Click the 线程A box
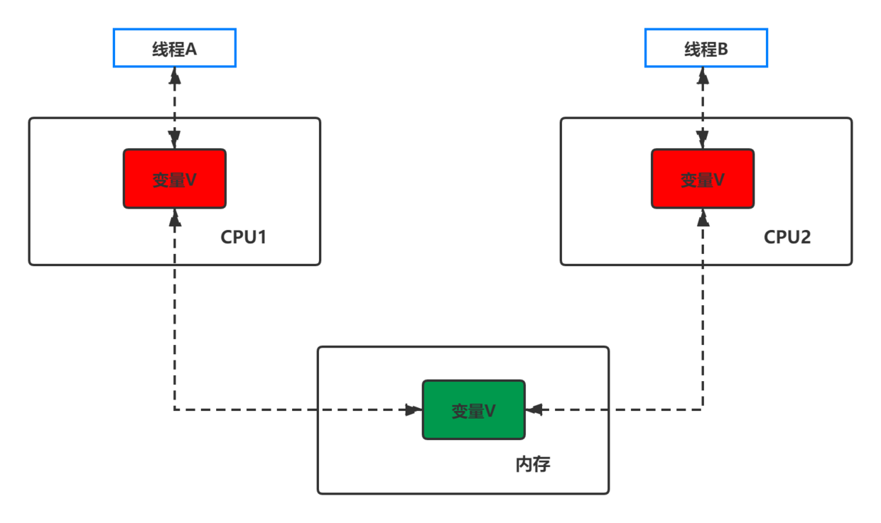[x=174, y=48]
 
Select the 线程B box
[x=706, y=48]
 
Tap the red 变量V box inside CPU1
[x=175, y=179]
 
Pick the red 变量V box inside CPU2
[x=703, y=179]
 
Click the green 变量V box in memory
[x=473, y=410]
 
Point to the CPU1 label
[x=243, y=237]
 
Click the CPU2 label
[x=787, y=237]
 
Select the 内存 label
[x=532, y=465]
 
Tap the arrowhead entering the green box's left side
[x=412, y=409]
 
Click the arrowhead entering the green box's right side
[x=534, y=409]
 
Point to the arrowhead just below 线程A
[x=175, y=77]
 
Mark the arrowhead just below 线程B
[x=703, y=77]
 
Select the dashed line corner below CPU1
[x=175, y=409]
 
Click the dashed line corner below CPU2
[x=703, y=409]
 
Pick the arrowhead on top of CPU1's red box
[x=175, y=140]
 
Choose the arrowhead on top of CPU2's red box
[x=703, y=140]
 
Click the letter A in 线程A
[x=190, y=49]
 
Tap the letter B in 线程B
[x=723, y=49]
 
